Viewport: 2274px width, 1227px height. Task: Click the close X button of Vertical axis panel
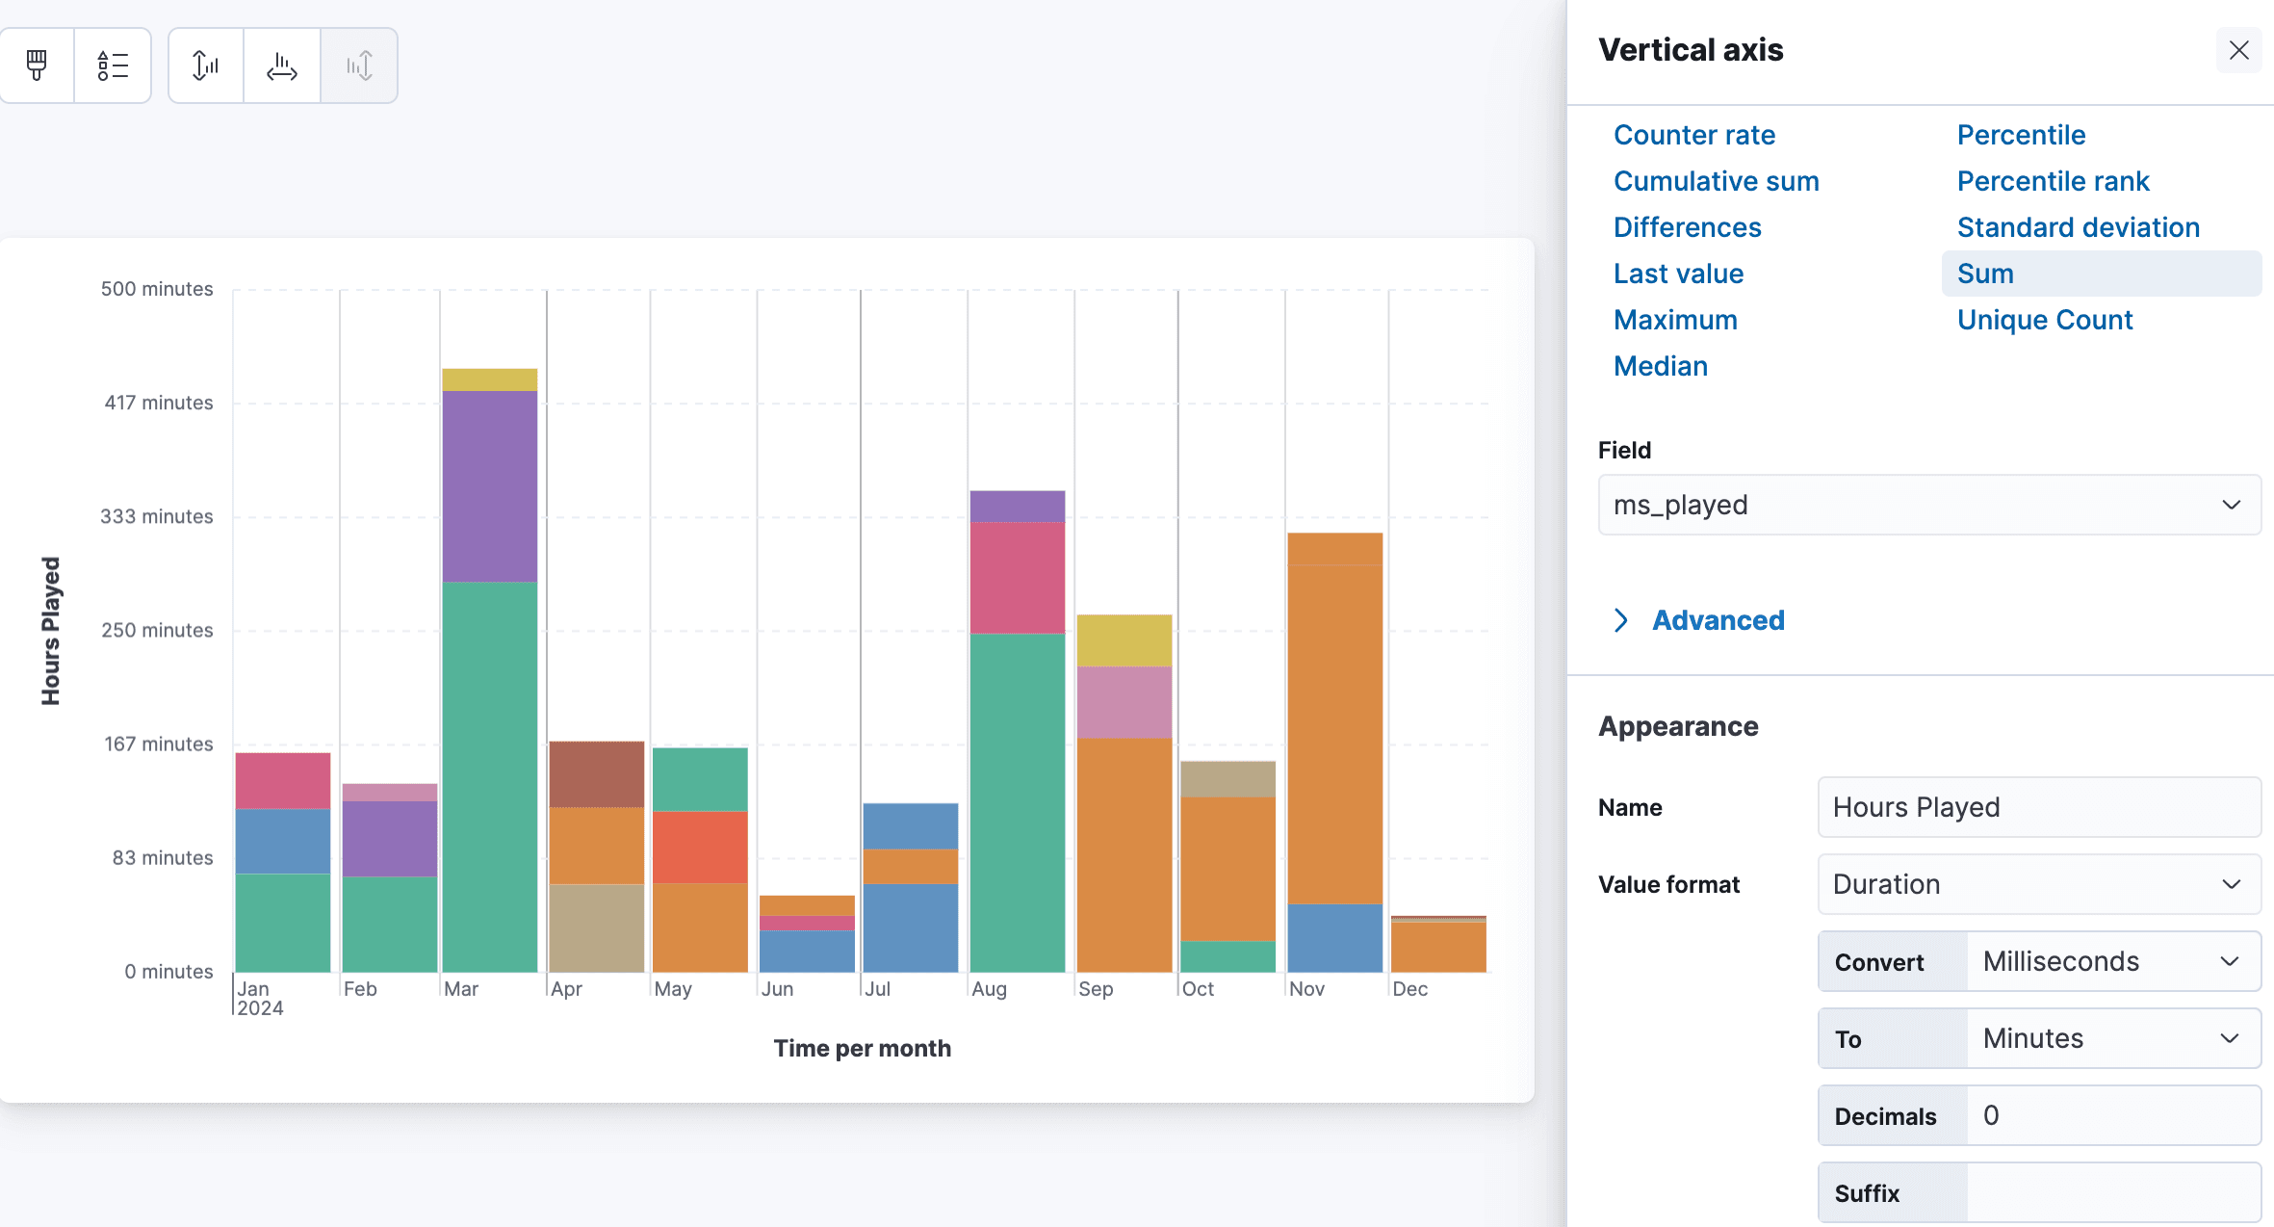[2238, 50]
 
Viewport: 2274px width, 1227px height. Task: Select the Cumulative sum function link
[1716, 181]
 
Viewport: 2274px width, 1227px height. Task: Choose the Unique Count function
[2044, 320]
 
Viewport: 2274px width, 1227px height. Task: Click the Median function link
[1660, 366]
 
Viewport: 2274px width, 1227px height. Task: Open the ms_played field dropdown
[1928, 505]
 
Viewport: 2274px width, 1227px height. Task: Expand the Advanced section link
[1718, 620]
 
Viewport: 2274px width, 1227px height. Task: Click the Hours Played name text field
[2038, 807]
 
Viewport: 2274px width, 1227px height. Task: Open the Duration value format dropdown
[2038, 884]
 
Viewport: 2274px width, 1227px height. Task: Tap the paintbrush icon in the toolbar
[37, 65]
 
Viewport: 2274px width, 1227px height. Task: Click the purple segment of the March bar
[489, 486]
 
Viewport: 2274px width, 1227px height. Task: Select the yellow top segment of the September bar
[1124, 640]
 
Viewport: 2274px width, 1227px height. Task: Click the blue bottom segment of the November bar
[1334, 937]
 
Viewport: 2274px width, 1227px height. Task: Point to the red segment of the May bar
[700, 848]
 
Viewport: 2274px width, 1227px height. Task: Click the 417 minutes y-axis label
[158, 403]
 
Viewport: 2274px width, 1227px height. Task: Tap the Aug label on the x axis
[989, 989]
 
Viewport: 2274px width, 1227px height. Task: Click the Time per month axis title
[862, 1048]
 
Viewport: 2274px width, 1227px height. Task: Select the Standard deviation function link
[2078, 227]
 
